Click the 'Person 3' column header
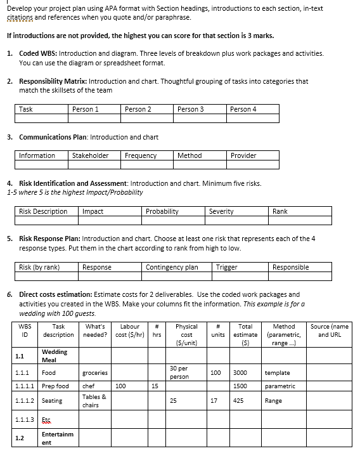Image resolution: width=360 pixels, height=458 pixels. tap(191, 109)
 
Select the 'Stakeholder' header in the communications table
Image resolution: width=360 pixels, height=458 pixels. tap(90, 155)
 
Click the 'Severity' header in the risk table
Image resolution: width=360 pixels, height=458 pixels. tap(221, 211)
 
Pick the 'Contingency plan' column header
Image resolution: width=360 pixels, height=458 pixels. tap(172, 267)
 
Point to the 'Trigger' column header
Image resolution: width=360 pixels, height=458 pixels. tap(226, 267)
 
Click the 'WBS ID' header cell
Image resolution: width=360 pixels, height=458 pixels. tap(25, 330)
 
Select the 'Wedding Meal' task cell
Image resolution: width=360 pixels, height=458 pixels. tap(54, 356)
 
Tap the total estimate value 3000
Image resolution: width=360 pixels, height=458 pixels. tap(240, 373)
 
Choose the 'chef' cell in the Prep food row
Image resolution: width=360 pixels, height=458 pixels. tap(88, 386)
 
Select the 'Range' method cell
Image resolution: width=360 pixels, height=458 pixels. tap(274, 401)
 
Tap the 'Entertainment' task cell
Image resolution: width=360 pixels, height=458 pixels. tap(57, 438)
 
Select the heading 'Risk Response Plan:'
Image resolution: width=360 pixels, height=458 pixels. tap(54, 239)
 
